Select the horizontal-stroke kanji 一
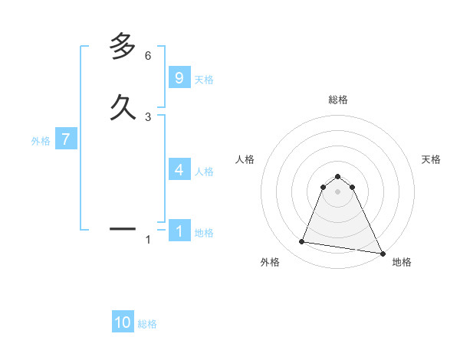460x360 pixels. click(x=123, y=228)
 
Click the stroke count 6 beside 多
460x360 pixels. click(x=148, y=56)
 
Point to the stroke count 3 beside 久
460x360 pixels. click(x=148, y=116)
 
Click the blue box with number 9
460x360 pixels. click(x=179, y=78)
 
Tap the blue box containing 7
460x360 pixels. click(x=66, y=139)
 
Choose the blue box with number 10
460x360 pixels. click(x=123, y=322)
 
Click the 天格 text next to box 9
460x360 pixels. click(x=204, y=80)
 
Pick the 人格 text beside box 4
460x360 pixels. click(x=204, y=172)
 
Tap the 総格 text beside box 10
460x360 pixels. click(x=147, y=325)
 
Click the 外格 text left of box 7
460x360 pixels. click(x=41, y=141)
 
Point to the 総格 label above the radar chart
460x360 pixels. click(x=337, y=100)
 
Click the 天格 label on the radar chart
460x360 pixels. click(x=431, y=159)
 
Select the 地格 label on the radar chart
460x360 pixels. click(x=402, y=263)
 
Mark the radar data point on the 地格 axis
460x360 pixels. click(x=383, y=253)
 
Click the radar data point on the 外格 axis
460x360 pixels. click(x=302, y=242)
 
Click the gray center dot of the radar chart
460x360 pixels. click(x=337, y=191)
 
